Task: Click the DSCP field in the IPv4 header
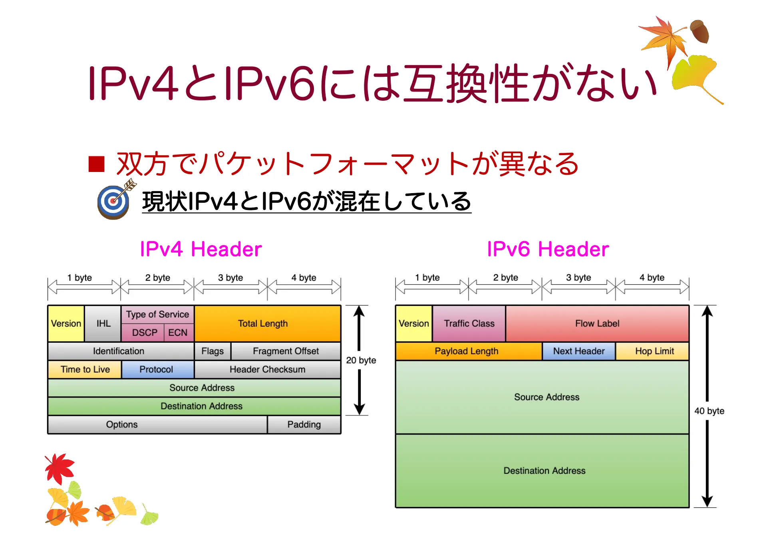coord(144,333)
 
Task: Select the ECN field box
coord(178,333)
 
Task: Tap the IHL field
coord(103,323)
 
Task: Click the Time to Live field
coord(85,369)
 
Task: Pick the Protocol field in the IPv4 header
coord(157,369)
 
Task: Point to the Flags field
coord(213,351)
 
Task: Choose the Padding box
coord(304,424)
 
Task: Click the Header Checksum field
coord(267,369)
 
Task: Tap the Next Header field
coord(578,351)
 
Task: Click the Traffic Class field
coord(469,323)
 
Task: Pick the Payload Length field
coord(467,351)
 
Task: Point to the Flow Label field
coord(597,323)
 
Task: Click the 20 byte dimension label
coord(361,360)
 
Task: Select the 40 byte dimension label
coord(709,411)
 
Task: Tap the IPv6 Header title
coord(548,249)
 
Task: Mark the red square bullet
coord(96,164)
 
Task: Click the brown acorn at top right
coord(700,31)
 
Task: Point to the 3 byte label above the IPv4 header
coord(230,277)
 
